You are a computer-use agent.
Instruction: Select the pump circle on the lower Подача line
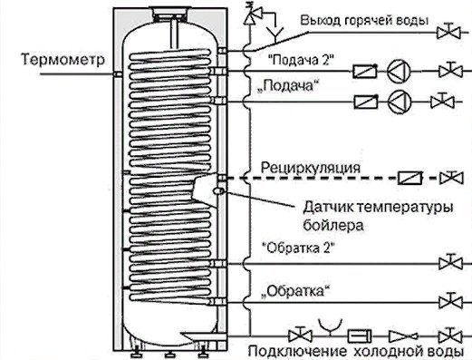(x=399, y=100)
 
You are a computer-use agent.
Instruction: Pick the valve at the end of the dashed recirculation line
(x=456, y=176)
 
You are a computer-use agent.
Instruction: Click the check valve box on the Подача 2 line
(x=363, y=71)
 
